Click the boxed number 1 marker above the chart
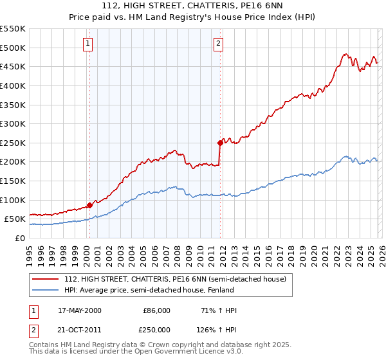point(87,44)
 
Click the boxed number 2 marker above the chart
point(219,44)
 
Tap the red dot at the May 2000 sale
point(89,205)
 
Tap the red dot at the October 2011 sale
point(220,142)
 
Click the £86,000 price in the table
point(156,310)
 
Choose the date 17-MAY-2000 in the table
point(80,310)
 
